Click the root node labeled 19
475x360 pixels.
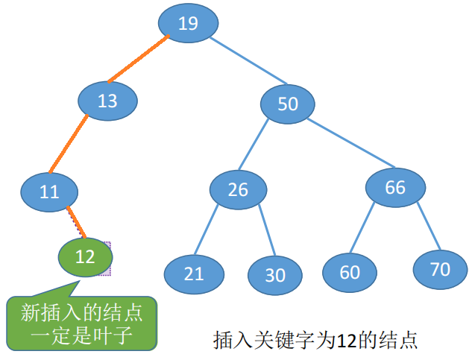click(188, 23)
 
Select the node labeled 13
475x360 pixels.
click(108, 101)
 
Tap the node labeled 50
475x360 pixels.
click(288, 104)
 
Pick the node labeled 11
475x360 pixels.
click(49, 192)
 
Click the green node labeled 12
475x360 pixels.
click(85, 257)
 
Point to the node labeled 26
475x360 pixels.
click(238, 189)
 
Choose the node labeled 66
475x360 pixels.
click(395, 186)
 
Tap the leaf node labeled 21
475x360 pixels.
click(194, 273)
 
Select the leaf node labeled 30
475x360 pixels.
click(275, 275)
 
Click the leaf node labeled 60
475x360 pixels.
click(350, 272)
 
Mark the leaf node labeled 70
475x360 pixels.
click(441, 269)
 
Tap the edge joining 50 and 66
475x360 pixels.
click(350, 143)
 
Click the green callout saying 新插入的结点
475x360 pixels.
click(83, 321)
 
